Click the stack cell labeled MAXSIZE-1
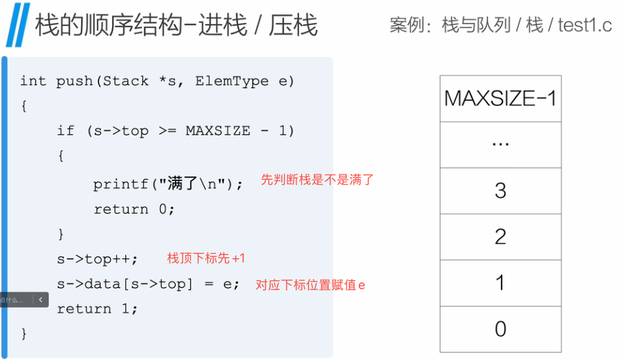point(500,99)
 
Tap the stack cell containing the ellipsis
point(500,145)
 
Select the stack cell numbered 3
point(500,191)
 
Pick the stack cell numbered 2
point(500,237)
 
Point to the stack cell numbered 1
point(500,282)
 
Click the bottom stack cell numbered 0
point(500,329)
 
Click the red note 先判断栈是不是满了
point(317,180)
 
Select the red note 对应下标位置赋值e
point(310,285)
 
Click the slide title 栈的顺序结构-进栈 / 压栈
point(176,25)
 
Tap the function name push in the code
point(74,81)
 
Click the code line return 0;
point(133,209)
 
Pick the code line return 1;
point(97,309)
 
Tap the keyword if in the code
point(65,131)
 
